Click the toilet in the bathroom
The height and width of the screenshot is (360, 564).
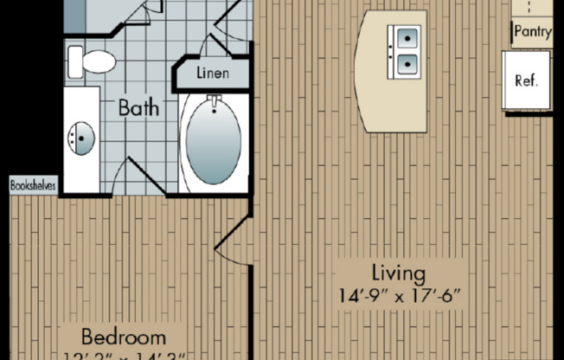tap(93, 61)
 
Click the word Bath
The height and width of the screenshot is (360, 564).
tap(138, 109)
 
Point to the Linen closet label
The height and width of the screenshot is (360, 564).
tap(213, 73)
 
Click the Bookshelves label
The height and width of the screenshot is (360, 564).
tap(34, 184)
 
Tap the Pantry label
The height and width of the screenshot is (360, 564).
tap(533, 32)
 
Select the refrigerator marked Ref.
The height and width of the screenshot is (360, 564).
tap(527, 80)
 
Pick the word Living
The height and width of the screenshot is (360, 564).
tap(399, 274)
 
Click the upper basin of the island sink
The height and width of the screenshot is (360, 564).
tap(404, 37)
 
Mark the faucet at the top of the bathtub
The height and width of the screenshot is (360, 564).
tap(213, 105)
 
